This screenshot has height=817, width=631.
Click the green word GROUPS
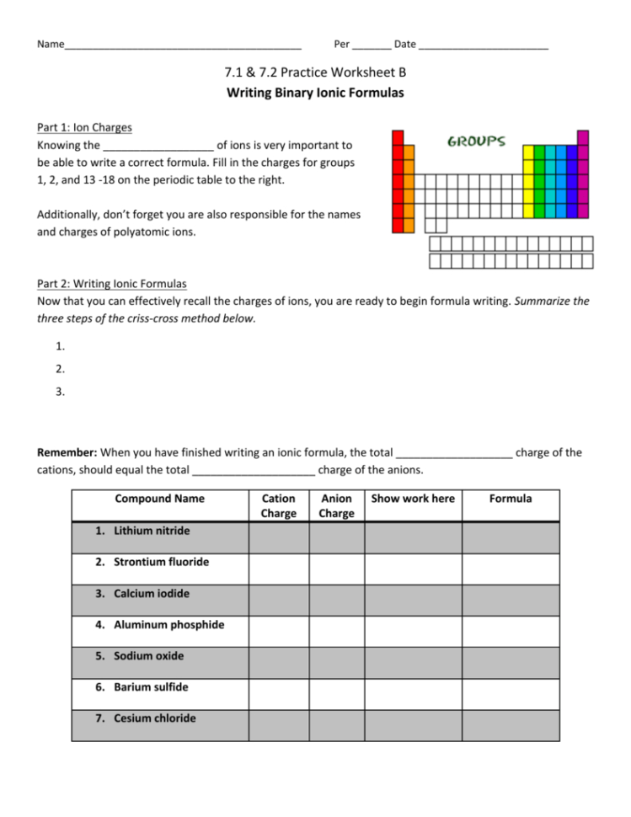(476, 141)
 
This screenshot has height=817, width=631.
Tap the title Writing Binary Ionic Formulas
(315, 93)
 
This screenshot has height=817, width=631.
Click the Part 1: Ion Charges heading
(84, 128)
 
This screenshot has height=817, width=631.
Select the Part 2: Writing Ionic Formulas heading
(112, 285)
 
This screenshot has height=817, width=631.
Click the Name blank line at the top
(182, 44)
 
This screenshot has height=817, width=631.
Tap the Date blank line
(483, 44)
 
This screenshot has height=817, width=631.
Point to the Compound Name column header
(159, 499)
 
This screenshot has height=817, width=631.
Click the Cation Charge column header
(278, 505)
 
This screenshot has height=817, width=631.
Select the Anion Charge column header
(337, 505)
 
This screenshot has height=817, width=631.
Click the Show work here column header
(413, 499)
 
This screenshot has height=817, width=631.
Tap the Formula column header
(511, 499)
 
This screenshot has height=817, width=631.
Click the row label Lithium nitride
(152, 531)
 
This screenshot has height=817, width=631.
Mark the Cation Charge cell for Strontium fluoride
(278, 569)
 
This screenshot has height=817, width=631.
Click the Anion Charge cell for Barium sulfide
(337, 694)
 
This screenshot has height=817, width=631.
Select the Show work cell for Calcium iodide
(413, 601)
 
